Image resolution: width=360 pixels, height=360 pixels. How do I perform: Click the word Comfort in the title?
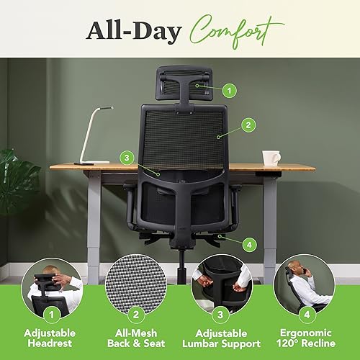pyautogui.click(x=238, y=30)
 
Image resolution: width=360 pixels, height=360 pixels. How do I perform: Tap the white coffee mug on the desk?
pyautogui.click(x=271, y=158)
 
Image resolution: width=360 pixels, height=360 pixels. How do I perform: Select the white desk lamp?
pyautogui.click(x=91, y=134)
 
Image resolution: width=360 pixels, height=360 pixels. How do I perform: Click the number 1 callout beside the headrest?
pyautogui.click(x=229, y=91)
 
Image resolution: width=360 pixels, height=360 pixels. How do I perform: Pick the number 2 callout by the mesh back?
pyautogui.click(x=248, y=125)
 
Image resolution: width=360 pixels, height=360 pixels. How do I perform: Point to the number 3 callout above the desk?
pyautogui.click(x=127, y=156)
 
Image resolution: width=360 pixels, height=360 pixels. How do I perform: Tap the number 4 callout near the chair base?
pyautogui.click(x=249, y=245)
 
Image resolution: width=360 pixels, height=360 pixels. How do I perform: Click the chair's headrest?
pyautogui.click(x=184, y=84)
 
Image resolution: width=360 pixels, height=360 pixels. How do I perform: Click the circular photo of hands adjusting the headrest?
pyautogui.click(x=52, y=285)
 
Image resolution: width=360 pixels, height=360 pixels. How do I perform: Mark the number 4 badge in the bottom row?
pyautogui.click(x=305, y=314)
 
